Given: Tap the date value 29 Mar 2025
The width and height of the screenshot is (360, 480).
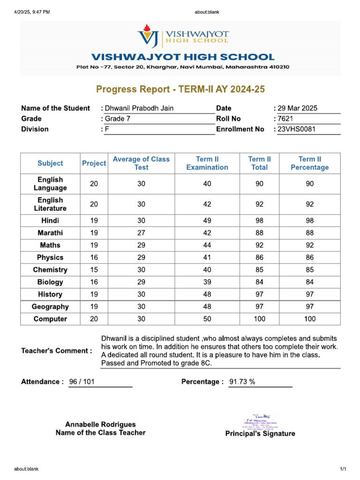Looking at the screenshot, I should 297,108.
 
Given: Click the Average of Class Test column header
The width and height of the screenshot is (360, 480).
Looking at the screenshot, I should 141,163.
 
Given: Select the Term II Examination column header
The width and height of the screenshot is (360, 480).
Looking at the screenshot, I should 207,163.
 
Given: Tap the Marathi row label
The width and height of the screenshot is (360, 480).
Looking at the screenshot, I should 50,233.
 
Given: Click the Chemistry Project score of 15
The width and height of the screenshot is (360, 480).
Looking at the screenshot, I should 94,270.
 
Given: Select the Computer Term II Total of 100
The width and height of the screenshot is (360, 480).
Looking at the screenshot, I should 259,319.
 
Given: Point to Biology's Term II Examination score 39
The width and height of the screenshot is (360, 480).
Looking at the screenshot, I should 207,282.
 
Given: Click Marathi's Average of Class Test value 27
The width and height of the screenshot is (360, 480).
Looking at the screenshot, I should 141,233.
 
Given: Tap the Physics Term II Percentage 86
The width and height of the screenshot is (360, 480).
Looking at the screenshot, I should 309,258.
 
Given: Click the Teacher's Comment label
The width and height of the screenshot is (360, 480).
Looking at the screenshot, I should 57,351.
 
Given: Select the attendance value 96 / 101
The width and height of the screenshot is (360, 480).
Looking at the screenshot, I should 82,382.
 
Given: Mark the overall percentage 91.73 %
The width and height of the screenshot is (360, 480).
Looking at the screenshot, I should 242,382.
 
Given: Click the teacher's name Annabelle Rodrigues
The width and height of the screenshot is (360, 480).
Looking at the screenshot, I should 100,424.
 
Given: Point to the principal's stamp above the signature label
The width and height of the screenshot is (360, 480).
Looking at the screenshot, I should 260,421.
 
